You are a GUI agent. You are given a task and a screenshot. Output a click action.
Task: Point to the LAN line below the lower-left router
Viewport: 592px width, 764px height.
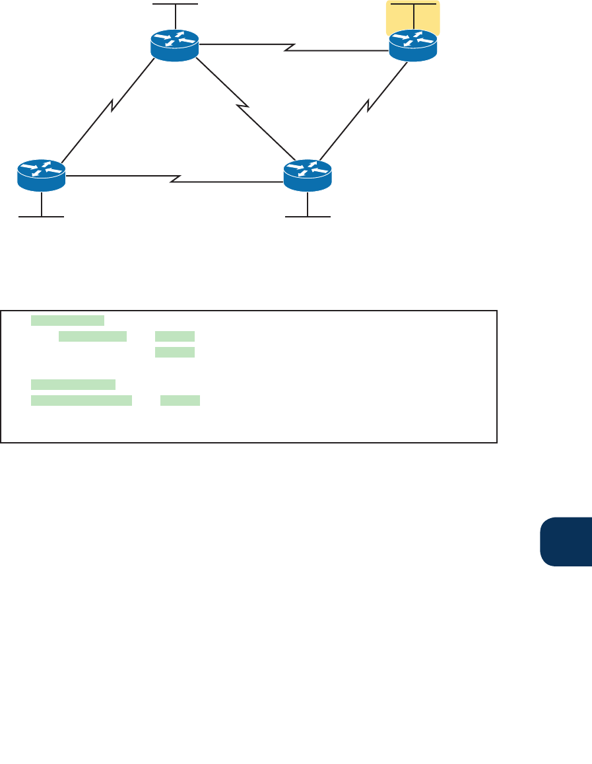41,216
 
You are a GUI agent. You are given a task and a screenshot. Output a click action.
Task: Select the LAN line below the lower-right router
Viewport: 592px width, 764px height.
308,216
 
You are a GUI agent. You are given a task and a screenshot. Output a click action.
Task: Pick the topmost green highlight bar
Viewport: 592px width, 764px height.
67,321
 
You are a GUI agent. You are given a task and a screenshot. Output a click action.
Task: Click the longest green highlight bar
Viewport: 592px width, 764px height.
81,401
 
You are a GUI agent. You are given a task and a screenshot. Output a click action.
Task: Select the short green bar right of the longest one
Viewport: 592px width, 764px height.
180,401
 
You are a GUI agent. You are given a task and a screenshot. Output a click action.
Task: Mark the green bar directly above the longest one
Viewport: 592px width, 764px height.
73,384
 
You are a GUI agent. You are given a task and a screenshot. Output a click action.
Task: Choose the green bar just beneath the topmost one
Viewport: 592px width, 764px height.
92,336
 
